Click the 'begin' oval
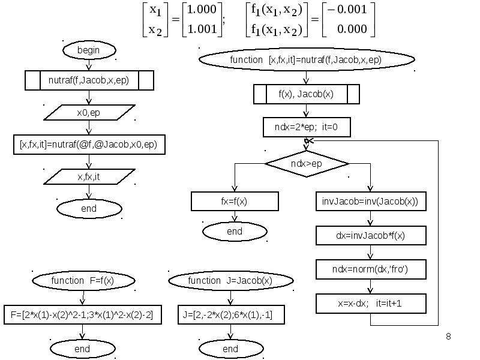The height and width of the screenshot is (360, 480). pyautogui.click(x=89, y=50)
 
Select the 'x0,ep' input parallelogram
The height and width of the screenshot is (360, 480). pyautogui.click(x=89, y=113)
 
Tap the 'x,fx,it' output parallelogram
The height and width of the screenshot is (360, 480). pyautogui.click(x=89, y=176)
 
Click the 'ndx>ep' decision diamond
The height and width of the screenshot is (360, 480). pyautogui.click(x=307, y=164)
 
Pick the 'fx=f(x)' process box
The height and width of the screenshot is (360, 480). pyautogui.click(x=235, y=202)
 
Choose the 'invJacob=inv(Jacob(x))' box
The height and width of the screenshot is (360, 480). pyautogui.click(x=371, y=202)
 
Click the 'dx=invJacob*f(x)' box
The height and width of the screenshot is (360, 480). pyautogui.click(x=371, y=235)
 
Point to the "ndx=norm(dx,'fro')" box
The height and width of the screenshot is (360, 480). pyautogui.click(x=371, y=269)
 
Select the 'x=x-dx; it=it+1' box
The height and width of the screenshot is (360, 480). pyautogui.click(x=371, y=304)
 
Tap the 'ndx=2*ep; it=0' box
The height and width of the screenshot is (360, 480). pyautogui.click(x=307, y=127)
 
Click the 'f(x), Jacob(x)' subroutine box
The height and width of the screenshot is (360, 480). pyautogui.click(x=307, y=94)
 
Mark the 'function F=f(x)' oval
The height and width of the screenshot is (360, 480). pyautogui.click(x=83, y=281)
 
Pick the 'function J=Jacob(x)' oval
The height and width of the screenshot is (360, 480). pyautogui.click(x=231, y=281)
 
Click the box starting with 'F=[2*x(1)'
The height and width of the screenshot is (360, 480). pyautogui.click(x=83, y=314)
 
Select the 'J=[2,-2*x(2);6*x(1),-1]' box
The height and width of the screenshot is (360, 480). pyautogui.click(x=231, y=314)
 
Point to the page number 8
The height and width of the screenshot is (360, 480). pyautogui.click(x=448, y=337)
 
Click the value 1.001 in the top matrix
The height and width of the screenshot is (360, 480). pyautogui.click(x=202, y=29)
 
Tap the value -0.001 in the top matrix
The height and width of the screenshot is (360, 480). pyautogui.click(x=347, y=9)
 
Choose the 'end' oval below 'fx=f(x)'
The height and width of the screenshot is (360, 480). pyautogui.click(x=235, y=232)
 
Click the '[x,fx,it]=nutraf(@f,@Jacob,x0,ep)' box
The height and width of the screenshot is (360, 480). pyautogui.click(x=89, y=145)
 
